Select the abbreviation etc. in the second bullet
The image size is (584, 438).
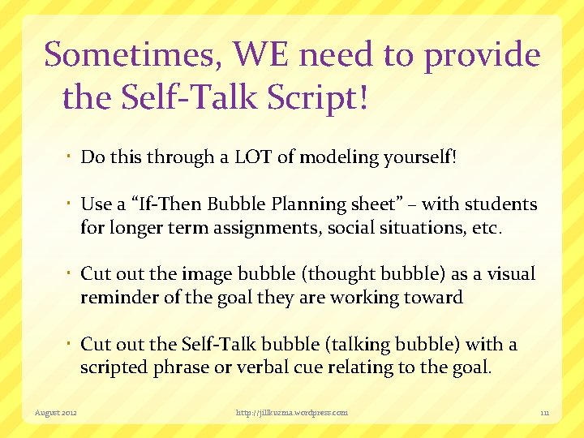pos(485,228)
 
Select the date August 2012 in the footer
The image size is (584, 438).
pos(56,413)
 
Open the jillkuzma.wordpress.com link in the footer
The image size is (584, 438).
pos(292,413)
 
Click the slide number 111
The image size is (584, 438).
pos(545,413)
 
